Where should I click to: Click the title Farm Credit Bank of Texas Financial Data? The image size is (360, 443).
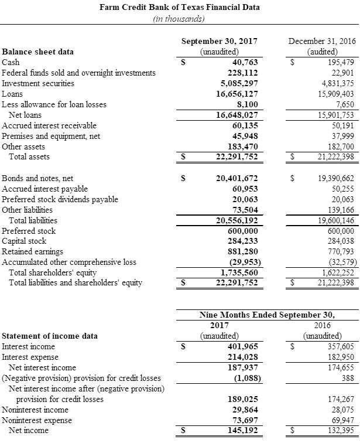click(x=180, y=8)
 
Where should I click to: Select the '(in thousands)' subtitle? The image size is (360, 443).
click(x=179, y=19)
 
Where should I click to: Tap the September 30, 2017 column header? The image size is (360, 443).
click(x=220, y=42)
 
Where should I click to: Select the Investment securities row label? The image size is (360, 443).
click(x=38, y=83)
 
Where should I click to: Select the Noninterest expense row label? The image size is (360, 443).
click(x=37, y=420)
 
